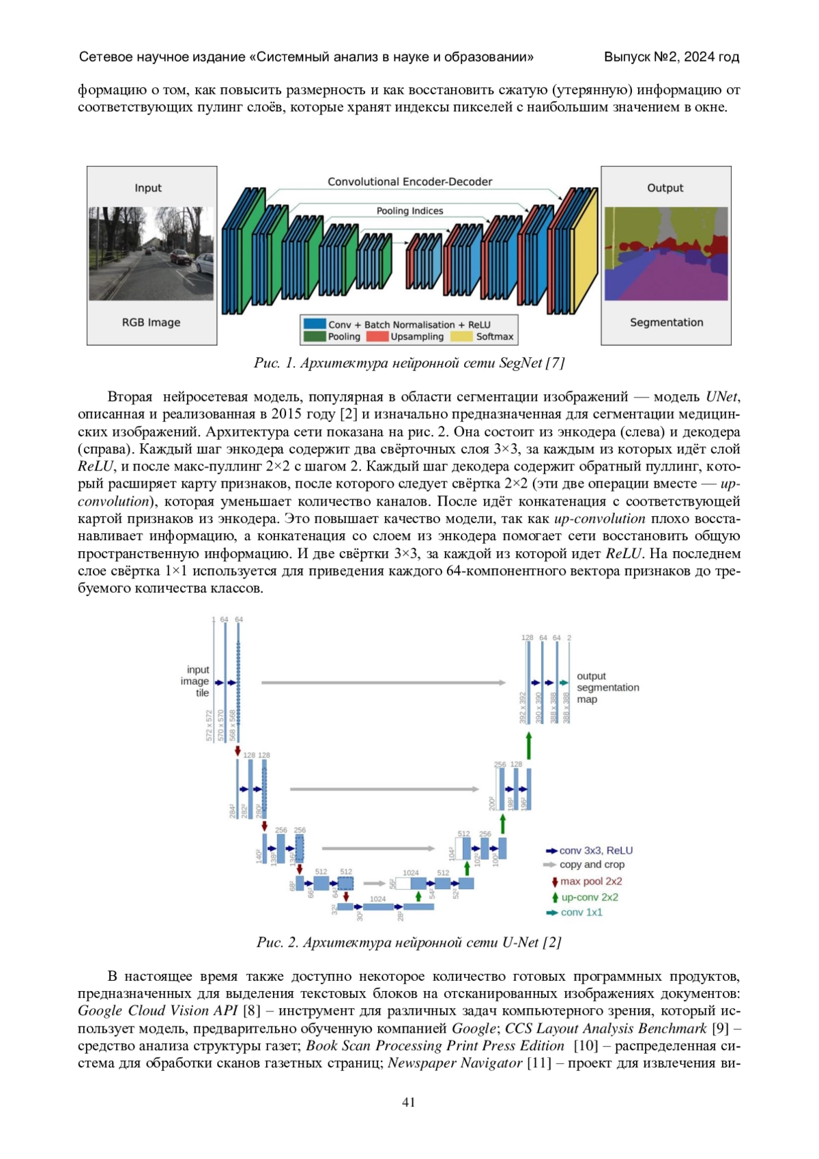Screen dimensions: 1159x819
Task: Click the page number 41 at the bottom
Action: (x=409, y=1102)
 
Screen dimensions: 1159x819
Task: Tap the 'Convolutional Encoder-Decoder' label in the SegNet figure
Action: (x=409, y=182)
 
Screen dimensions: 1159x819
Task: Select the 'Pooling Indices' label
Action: (x=409, y=211)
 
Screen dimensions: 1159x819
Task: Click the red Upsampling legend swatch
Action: (x=377, y=337)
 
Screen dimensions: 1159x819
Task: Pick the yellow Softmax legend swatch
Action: (x=461, y=337)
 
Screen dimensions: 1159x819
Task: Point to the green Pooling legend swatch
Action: (x=315, y=337)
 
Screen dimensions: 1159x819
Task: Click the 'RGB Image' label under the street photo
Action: (x=151, y=322)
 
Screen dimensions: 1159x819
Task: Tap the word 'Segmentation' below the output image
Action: (x=666, y=322)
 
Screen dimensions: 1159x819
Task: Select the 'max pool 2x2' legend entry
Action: (x=590, y=882)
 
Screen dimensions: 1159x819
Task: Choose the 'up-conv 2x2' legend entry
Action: (x=589, y=897)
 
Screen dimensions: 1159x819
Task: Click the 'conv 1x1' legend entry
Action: (x=581, y=912)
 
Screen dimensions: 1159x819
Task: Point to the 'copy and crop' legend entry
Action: (x=591, y=865)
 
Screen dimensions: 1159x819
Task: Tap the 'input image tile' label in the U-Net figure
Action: (x=197, y=681)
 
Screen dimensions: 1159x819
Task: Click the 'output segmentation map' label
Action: (x=607, y=687)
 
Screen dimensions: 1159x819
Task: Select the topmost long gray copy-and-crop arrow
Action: (x=383, y=682)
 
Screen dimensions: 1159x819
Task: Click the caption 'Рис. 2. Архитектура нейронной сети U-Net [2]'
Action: (x=409, y=942)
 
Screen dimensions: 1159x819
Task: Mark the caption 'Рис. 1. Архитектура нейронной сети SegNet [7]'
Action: (x=409, y=363)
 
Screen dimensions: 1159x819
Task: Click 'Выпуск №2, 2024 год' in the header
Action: (x=671, y=57)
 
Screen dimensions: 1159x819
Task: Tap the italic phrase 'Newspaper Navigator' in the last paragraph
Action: (x=455, y=1063)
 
